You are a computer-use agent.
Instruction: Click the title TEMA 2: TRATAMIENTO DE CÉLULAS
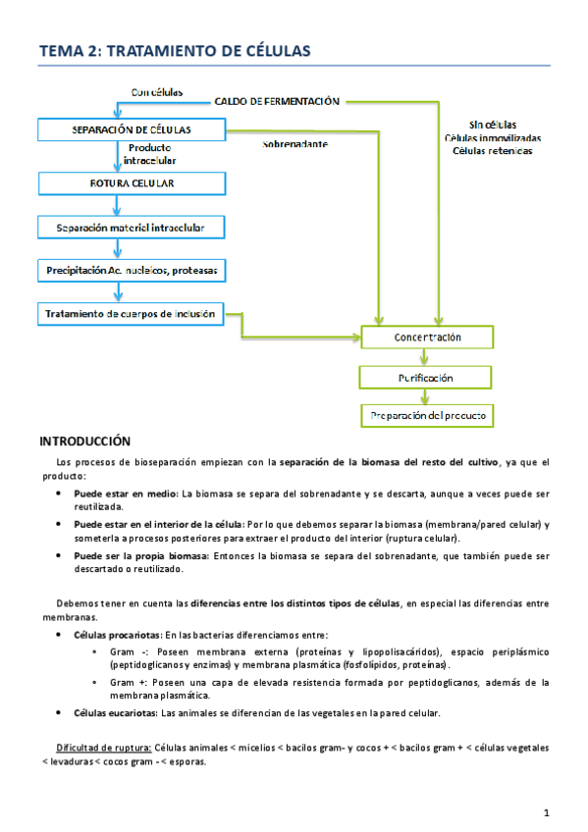[x=173, y=51]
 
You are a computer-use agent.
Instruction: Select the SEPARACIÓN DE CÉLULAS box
[x=131, y=130]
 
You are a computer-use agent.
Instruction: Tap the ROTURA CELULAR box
[x=131, y=182]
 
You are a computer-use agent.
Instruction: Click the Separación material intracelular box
[x=131, y=228]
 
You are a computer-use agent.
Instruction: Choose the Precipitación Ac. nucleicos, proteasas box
[x=131, y=269]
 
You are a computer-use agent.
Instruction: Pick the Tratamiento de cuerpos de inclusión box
[x=131, y=314]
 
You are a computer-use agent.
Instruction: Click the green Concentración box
[x=427, y=338]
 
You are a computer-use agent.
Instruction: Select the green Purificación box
[x=427, y=377]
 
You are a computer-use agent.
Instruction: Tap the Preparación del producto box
[x=427, y=416]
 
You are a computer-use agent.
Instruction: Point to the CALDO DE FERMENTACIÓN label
[x=277, y=101]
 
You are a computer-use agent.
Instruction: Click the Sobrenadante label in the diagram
[x=294, y=144]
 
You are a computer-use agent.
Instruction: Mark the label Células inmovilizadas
[x=492, y=138]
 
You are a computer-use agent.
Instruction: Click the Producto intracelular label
[x=149, y=154]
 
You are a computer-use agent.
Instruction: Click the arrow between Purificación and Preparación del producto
[x=426, y=396]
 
